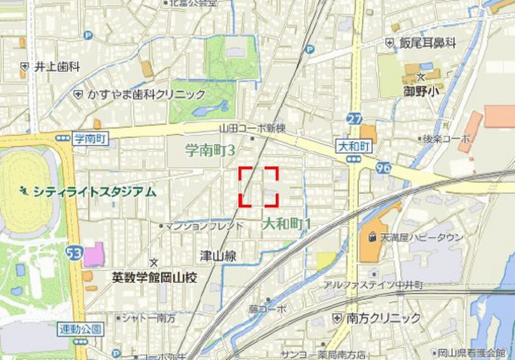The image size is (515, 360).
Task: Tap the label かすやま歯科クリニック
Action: pyautogui.click(x=146, y=94)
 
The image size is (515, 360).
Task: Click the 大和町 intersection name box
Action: pyautogui.click(x=354, y=146)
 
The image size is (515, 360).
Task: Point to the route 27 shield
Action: pyautogui.click(x=355, y=119)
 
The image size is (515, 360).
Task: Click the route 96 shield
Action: pyautogui.click(x=383, y=167)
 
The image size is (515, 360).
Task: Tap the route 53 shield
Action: pyautogui.click(x=74, y=254)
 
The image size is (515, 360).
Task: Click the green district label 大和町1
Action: pyautogui.click(x=286, y=224)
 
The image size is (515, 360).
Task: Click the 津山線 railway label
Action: pyautogui.click(x=218, y=256)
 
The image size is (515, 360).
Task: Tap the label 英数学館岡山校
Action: pyautogui.click(x=154, y=278)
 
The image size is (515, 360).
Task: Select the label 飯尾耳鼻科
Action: pyautogui.click(x=427, y=43)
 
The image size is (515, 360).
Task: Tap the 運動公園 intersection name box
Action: pyautogui.click(x=80, y=329)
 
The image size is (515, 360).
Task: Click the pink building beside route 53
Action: pyautogui.click(x=94, y=254)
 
